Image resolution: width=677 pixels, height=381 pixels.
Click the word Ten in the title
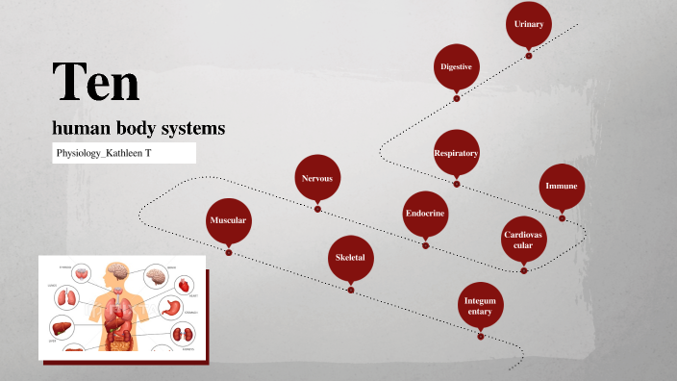pos(96,81)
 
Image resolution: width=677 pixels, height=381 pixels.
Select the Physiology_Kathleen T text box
pos(124,153)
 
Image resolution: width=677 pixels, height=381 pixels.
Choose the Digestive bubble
pos(456,66)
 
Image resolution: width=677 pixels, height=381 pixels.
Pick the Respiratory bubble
pos(456,153)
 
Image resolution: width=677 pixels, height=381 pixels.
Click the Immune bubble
pos(561,186)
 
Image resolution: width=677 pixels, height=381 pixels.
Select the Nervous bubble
pos(317,178)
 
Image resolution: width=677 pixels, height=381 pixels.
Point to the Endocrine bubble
pos(424,213)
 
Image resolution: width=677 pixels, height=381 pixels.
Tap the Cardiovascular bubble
pos(524,240)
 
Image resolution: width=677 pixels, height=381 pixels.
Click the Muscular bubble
pos(229,220)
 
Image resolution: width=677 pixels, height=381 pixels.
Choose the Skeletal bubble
pos(350,258)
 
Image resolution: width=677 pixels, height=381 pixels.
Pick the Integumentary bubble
pos(480,305)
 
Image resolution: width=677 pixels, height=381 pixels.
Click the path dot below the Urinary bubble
pos(529,56)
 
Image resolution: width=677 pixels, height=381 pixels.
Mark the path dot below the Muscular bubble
pos(229,252)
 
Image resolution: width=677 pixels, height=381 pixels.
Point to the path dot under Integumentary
pos(481,337)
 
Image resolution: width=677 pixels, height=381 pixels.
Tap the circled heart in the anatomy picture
pos(183,285)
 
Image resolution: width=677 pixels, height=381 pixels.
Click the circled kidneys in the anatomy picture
pos(183,335)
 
